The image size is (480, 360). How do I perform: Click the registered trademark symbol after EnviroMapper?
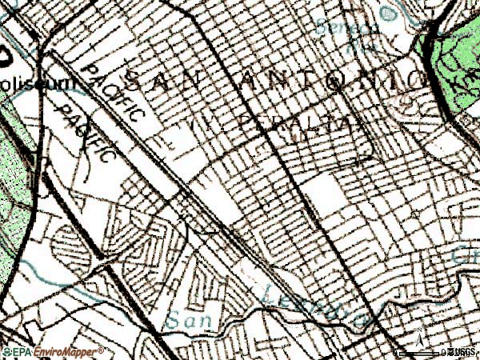102,349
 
